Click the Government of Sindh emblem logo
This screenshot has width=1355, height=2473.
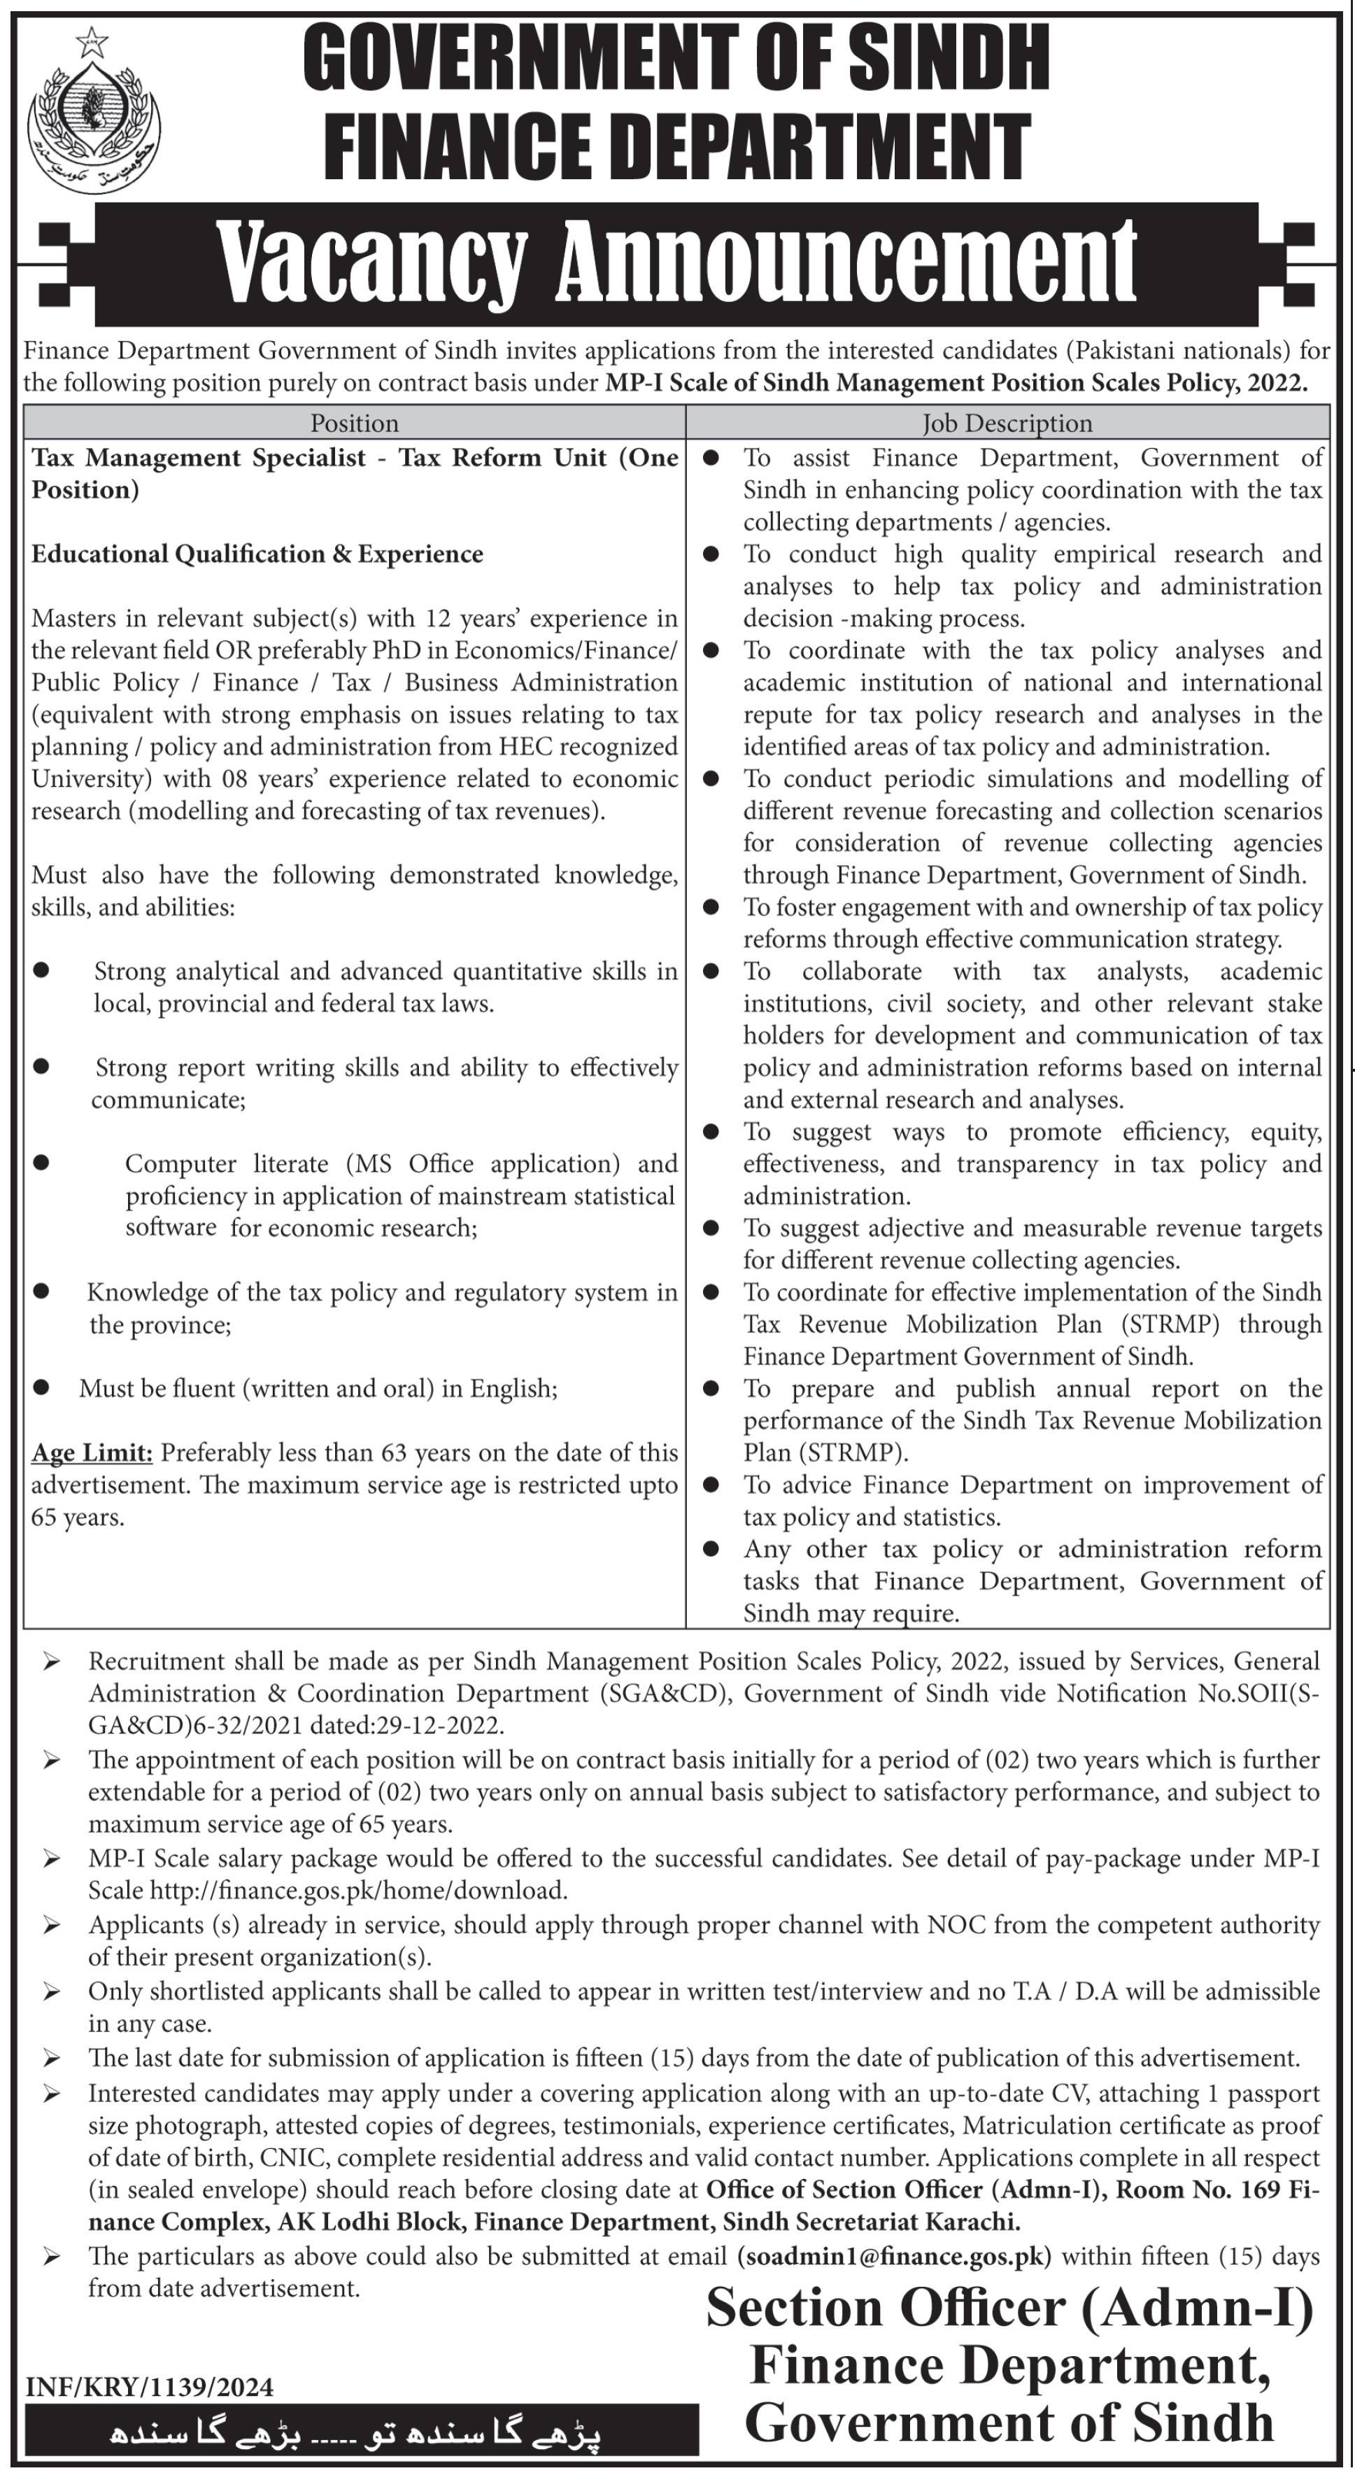click(x=93, y=111)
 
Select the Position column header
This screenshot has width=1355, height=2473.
click(x=354, y=422)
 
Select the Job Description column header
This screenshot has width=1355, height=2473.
click(x=1007, y=422)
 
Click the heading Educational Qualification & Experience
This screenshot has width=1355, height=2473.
click(x=257, y=554)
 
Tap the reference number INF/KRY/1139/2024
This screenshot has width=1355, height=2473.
click(x=150, y=2387)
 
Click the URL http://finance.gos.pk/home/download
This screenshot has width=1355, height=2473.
click(x=358, y=1890)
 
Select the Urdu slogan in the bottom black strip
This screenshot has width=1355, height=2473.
click(x=362, y=2434)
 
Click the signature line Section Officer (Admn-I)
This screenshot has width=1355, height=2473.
click(x=1009, y=2309)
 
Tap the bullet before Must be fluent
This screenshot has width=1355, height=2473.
click(x=41, y=1388)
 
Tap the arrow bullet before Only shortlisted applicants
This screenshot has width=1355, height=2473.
click(x=52, y=1992)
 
